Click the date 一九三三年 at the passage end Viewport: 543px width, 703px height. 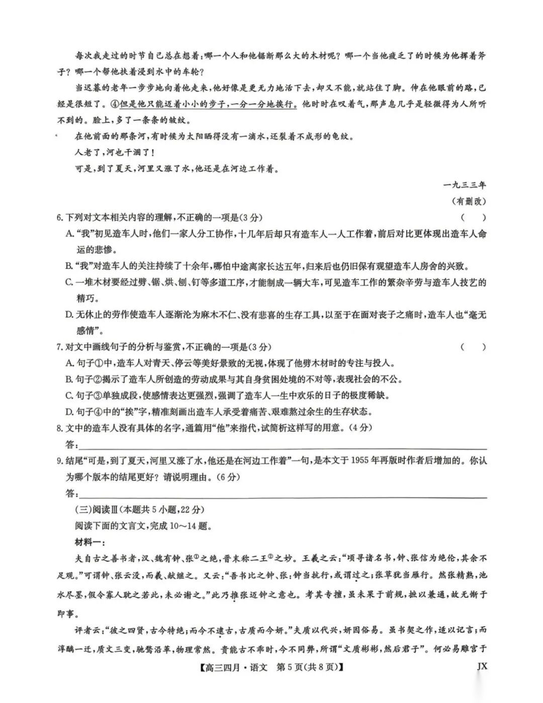pos(465,185)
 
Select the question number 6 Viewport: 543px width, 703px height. pos(59,217)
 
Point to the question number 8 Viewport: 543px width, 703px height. pos(59,428)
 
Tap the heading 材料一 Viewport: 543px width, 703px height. pos(89,542)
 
